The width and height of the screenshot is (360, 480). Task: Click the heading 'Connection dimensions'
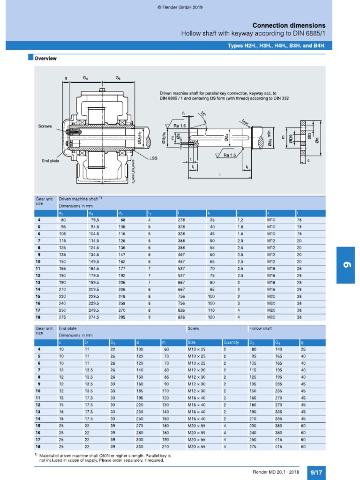289,25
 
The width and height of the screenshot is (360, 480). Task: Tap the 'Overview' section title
45,59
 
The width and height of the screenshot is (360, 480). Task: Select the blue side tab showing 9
348,265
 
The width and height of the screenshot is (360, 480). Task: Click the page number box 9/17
316,472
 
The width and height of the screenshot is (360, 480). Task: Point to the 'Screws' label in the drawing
45,126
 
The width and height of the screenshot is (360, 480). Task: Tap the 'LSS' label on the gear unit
153,158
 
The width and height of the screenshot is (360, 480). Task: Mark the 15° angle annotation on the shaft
202,114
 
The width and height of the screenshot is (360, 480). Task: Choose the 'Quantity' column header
231,342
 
